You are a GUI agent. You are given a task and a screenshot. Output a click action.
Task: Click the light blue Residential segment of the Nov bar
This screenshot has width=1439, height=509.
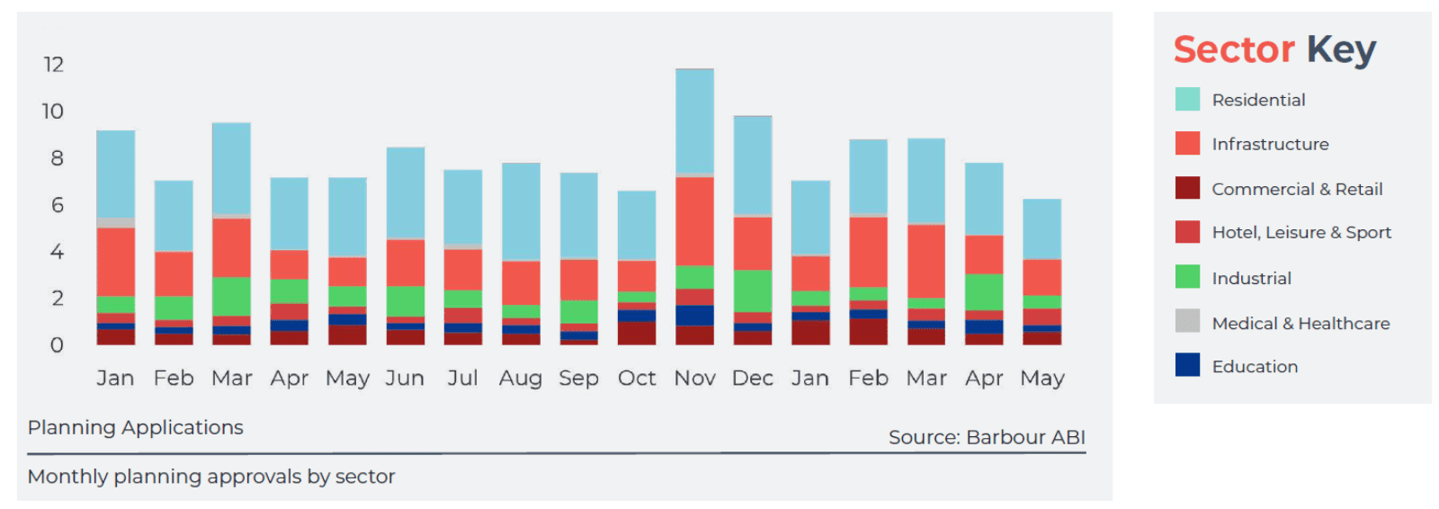tap(694, 121)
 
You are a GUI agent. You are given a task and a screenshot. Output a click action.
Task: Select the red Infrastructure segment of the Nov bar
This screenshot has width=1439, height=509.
tap(694, 220)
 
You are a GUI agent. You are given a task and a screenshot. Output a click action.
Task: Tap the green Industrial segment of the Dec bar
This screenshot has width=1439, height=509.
tap(752, 290)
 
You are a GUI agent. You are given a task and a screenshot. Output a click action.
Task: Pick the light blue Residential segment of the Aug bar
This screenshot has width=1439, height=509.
tap(521, 211)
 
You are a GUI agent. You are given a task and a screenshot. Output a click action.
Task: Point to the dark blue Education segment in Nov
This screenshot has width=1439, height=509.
tap(694, 315)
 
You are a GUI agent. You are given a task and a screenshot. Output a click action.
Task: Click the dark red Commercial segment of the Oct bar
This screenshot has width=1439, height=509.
tap(637, 333)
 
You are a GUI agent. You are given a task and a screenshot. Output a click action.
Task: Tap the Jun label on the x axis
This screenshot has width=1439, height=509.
tap(405, 378)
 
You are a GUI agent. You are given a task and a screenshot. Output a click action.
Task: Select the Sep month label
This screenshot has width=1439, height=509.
tap(578, 379)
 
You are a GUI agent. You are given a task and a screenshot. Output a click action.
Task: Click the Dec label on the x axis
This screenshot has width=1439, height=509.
tap(752, 378)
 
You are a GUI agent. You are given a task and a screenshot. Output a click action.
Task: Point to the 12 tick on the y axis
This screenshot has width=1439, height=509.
tap(53, 65)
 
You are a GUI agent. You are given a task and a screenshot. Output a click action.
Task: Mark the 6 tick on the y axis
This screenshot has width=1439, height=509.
tap(57, 205)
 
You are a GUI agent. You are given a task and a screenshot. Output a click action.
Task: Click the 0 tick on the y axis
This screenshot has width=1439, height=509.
tap(57, 345)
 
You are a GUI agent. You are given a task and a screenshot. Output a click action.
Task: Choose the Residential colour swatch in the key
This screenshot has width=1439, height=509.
tap(1187, 100)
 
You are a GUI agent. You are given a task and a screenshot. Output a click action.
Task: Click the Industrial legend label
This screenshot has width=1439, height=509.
tap(1251, 278)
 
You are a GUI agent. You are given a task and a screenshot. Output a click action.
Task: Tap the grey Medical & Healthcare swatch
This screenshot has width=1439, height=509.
tap(1187, 321)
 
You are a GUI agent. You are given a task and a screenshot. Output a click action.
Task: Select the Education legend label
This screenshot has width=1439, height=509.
tap(1255, 366)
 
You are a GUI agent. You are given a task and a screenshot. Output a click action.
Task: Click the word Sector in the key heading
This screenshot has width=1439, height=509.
tap(1234, 49)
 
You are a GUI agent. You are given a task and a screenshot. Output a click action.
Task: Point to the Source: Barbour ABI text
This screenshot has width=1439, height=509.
tap(987, 437)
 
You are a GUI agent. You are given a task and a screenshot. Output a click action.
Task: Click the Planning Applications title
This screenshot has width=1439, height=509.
tap(135, 427)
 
